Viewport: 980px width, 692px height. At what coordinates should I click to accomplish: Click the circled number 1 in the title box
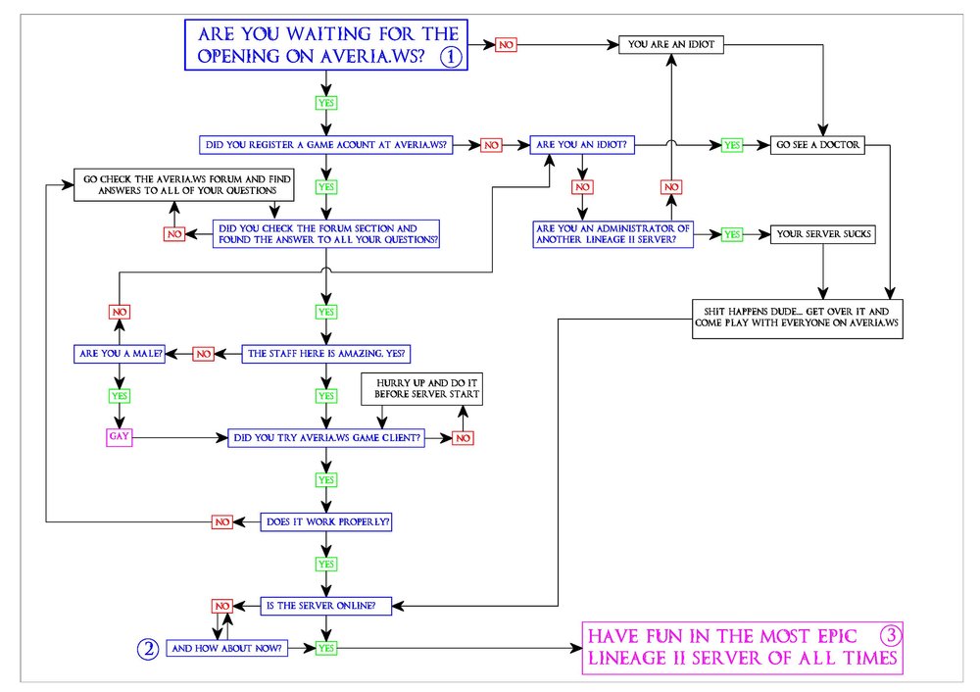(450, 56)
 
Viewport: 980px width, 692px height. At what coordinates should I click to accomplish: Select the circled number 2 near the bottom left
(147, 648)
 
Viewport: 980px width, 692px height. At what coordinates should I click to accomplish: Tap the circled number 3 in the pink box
(890, 634)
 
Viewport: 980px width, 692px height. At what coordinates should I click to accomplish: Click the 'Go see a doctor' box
(818, 145)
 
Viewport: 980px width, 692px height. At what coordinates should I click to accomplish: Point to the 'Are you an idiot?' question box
(583, 145)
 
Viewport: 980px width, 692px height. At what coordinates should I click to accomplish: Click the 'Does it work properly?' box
(328, 521)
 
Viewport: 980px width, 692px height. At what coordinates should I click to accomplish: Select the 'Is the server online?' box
(328, 606)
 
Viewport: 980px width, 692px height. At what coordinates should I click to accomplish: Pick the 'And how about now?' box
(227, 648)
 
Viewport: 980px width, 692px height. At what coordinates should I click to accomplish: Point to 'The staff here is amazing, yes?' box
(324, 353)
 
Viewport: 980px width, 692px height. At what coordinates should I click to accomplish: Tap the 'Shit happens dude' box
(797, 319)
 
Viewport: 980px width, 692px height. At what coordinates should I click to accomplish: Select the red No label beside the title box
(506, 45)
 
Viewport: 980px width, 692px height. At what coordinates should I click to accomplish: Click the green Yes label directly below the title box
(325, 101)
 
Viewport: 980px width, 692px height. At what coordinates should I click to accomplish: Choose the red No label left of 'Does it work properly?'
(222, 521)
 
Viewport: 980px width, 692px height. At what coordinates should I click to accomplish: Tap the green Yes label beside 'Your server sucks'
(731, 235)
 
